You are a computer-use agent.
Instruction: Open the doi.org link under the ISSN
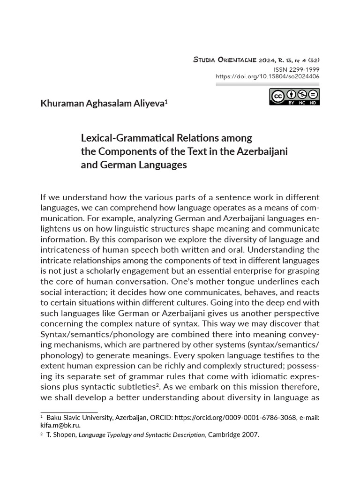pos(268,76)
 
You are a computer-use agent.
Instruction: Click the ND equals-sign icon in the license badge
pos(313,95)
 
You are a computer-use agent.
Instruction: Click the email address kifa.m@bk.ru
pos(60,425)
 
